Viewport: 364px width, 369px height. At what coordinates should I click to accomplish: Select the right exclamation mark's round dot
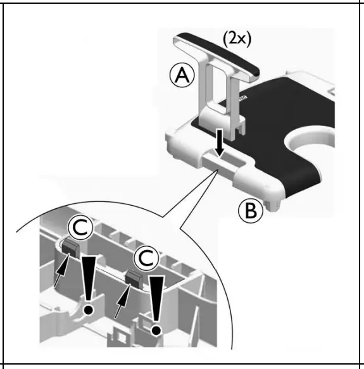point(154,328)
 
